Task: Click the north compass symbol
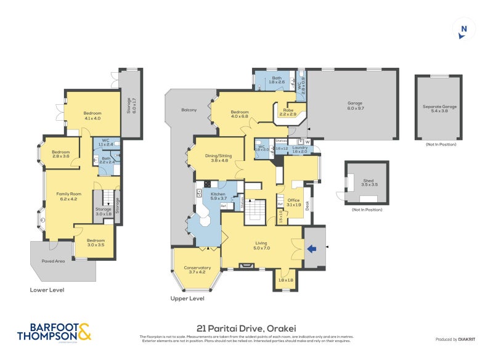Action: pyautogui.click(x=464, y=29)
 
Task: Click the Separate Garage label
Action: pyautogui.click(x=439, y=108)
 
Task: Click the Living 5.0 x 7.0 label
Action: pyautogui.click(x=262, y=245)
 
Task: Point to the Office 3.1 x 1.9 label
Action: pyautogui.click(x=293, y=202)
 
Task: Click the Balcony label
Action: pyautogui.click(x=189, y=110)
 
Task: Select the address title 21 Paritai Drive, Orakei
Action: pyautogui.click(x=246, y=329)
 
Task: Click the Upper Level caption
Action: pyautogui.click(x=187, y=298)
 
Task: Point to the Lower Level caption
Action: pyautogui.click(x=47, y=290)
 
